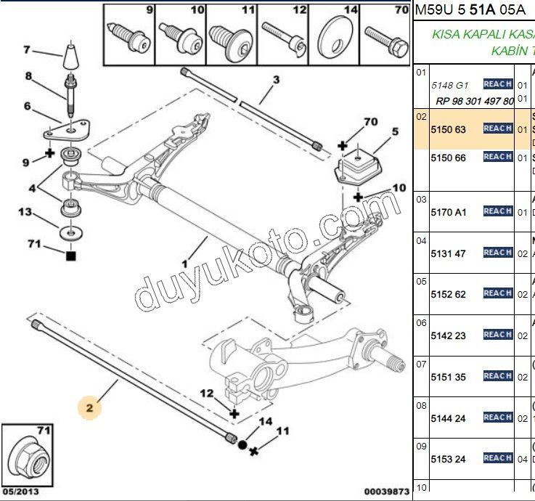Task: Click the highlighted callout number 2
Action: tap(90, 409)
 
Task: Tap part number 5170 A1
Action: tap(449, 212)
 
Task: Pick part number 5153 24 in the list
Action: tap(449, 459)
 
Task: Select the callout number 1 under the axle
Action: tap(184, 265)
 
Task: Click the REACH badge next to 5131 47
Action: tap(498, 253)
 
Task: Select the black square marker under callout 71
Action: tap(70, 256)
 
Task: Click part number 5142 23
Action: tap(449, 335)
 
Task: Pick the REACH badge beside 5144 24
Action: tap(498, 417)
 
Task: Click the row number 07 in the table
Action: tap(421, 363)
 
